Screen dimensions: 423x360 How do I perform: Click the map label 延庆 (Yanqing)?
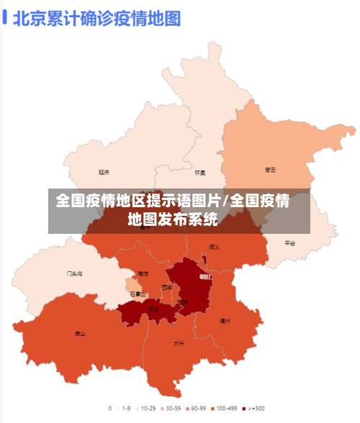[x=104, y=172]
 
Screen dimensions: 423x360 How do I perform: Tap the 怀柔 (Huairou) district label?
[x=200, y=173]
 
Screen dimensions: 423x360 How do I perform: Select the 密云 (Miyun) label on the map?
[x=271, y=170]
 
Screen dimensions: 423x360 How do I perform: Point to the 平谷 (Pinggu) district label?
[x=289, y=243]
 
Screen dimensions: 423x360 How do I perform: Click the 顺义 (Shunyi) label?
[x=215, y=246]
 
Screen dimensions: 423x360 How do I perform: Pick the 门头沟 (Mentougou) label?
[x=74, y=274]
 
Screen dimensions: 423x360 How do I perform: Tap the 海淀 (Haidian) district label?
[x=143, y=274]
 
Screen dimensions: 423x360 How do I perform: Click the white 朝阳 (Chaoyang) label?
[x=205, y=276]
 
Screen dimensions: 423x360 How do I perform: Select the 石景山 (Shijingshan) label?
[x=138, y=294]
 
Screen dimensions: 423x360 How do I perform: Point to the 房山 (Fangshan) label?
[x=80, y=334]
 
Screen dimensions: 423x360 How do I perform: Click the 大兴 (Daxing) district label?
[x=178, y=343]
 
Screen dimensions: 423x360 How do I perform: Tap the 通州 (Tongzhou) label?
[x=225, y=321]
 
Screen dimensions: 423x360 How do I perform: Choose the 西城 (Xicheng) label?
[x=167, y=287]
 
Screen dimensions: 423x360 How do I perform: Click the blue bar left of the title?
[x=5, y=17]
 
